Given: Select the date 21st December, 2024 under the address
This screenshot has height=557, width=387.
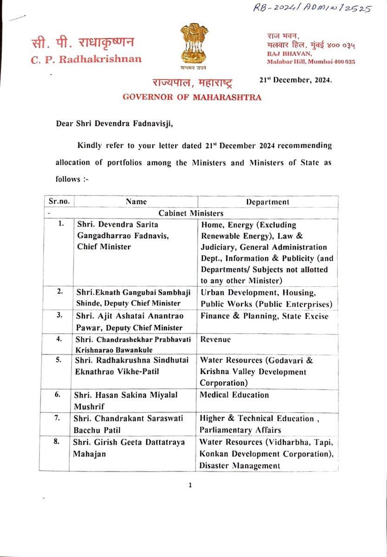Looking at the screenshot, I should pos(296,80).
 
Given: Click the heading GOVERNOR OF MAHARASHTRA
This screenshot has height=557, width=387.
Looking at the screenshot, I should pos(192,97).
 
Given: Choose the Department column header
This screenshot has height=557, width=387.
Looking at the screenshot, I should pos(268,201).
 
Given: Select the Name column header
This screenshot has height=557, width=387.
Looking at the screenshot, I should pos(136,201).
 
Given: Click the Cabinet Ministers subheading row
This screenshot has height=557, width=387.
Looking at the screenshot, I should pos(191,213).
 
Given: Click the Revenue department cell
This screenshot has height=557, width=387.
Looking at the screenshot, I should pos(216,339).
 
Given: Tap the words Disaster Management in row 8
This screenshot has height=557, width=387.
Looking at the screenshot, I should pos(240,466).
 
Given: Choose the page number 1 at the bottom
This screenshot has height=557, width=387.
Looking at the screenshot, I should pos(190,486).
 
